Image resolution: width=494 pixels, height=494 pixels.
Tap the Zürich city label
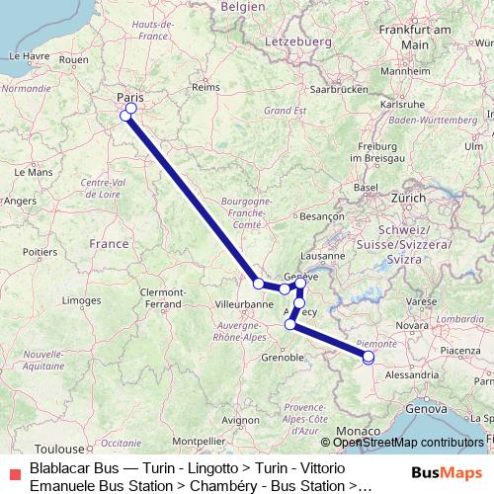click(408, 198)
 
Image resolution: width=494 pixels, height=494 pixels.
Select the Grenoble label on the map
click(284, 357)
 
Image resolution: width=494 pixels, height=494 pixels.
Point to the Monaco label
click(357, 432)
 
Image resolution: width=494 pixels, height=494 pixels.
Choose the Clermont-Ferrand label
click(163, 297)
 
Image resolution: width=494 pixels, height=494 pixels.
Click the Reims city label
click(205, 87)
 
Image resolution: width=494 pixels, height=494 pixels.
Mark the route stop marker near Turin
click(369, 358)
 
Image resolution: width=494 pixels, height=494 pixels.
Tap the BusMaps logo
click(448, 472)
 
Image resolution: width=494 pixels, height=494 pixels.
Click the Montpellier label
click(199, 441)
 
